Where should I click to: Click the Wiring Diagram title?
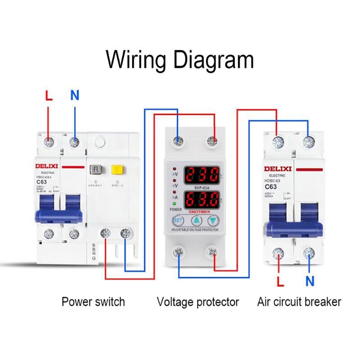[x=180, y=59]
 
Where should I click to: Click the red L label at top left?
[x=49, y=95]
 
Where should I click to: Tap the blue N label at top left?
[x=75, y=95]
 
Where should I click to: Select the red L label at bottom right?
[x=280, y=282]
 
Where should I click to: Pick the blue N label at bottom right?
[x=310, y=282]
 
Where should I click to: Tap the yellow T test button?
[x=118, y=170]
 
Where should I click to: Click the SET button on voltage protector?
[x=178, y=220]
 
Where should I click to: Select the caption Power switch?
[x=93, y=301]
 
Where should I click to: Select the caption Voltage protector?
[x=198, y=301]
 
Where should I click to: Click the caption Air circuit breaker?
[x=299, y=301]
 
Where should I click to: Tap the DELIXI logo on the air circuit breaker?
[x=278, y=169]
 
